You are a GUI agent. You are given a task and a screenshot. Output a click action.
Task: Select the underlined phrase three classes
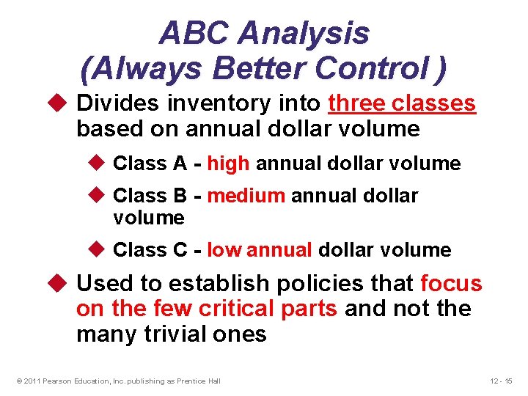(402, 104)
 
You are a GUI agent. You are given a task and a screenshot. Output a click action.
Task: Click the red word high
(228, 164)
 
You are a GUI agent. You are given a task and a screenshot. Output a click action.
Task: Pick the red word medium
(246, 196)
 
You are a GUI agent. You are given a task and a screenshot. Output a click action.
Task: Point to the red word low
(224, 250)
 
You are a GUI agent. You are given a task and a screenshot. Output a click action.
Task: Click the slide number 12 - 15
(502, 380)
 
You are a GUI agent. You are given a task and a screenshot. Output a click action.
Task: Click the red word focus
(451, 284)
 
